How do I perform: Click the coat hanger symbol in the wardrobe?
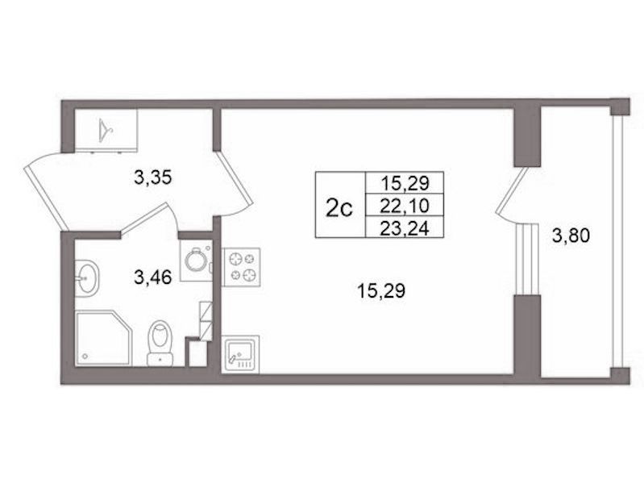[106, 130]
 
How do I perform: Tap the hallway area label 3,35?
[152, 178]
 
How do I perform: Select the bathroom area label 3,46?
[152, 278]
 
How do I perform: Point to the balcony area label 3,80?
[571, 236]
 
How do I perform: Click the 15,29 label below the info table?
[381, 291]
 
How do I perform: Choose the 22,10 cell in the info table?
[405, 205]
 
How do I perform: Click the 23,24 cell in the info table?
[405, 227]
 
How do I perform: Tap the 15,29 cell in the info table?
[405, 182]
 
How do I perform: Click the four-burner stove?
[241, 267]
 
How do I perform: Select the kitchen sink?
[240, 354]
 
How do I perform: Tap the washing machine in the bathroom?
[197, 261]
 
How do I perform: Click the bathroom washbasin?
[86, 278]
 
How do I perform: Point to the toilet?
[160, 343]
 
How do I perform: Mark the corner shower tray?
[103, 338]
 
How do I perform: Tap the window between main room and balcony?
[526, 259]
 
